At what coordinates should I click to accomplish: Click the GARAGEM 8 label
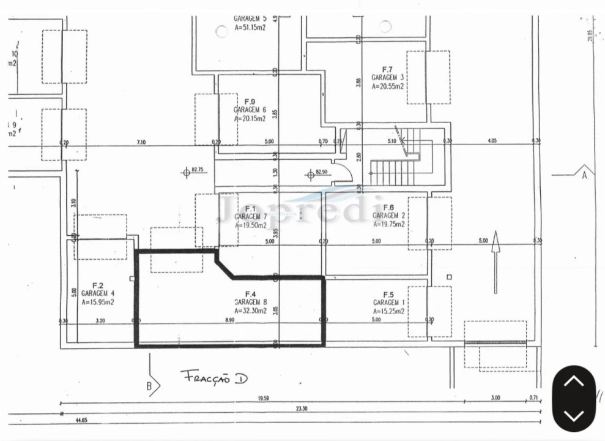(251, 302)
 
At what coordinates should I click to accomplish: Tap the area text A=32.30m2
(251, 311)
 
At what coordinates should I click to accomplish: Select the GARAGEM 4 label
(97, 293)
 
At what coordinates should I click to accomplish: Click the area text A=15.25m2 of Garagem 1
(389, 311)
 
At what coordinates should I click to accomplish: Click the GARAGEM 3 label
(388, 78)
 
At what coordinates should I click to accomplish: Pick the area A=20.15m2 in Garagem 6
(250, 118)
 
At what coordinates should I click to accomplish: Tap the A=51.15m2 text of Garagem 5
(250, 28)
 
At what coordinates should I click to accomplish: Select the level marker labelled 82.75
(187, 173)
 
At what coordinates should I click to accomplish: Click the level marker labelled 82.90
(311, 175)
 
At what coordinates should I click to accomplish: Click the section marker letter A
(584, 175)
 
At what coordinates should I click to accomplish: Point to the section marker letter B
(149, 385)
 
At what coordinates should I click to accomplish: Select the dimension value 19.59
(263, 399)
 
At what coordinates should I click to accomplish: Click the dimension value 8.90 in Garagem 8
(229, 320)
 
